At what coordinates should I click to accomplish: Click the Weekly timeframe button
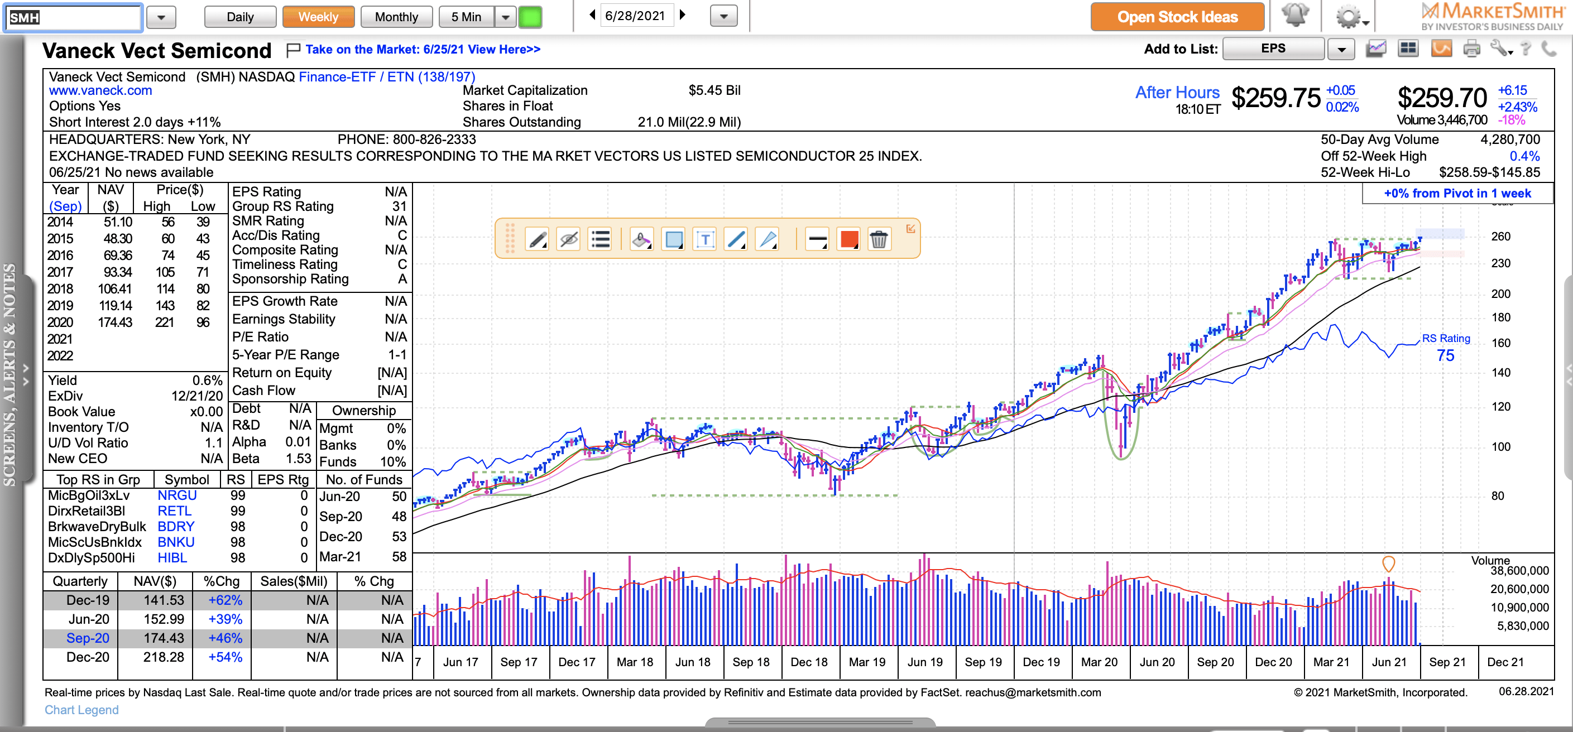tap(318, 17)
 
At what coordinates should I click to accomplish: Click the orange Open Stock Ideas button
tap(1177, 17)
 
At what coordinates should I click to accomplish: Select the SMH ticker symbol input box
tap(73, 17)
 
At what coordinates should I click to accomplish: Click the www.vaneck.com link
tap(100, 90)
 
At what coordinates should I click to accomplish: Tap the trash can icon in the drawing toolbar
tap(878, 239)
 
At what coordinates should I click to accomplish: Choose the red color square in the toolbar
tap(849, 239)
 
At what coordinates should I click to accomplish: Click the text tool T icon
tap(704, 239)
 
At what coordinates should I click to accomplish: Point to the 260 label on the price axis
tap(1500, 236)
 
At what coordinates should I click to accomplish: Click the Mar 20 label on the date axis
tap(1099, 662)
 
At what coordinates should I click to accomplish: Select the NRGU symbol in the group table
tap(176, 495)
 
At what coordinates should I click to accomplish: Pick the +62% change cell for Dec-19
tap(225, 600)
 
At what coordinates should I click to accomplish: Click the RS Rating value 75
tap(1445, 355)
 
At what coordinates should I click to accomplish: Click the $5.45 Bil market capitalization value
tap(714, 90)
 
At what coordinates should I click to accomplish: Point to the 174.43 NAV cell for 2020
tap(115, 322)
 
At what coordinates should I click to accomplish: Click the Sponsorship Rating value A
tap(402, 279)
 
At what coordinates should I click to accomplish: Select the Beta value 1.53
tap(298, 459)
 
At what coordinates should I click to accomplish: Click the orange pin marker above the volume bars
tap(1388, 562)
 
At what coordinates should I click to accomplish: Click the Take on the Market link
tap(423, 50)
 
